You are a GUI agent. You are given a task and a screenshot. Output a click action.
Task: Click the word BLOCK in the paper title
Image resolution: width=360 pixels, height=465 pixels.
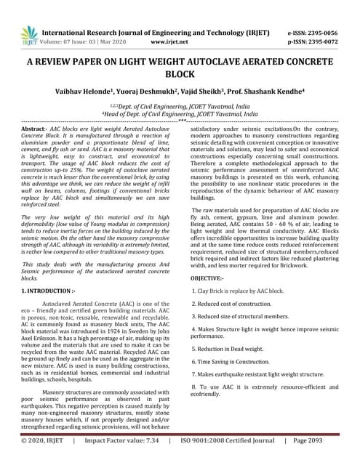pyautogui.click(x=179, y=76)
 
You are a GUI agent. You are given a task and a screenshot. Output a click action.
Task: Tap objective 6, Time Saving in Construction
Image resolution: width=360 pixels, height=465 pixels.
pyautogui.click(x=233, y=361)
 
